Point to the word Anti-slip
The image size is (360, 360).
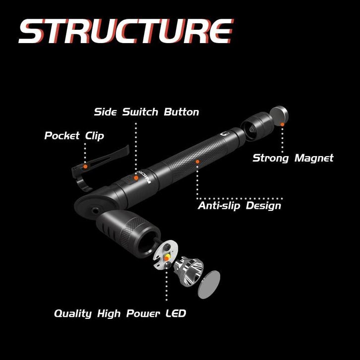pyautogui.click(x=216, y=205)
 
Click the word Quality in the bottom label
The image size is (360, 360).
pyautogui.click(x=72, y=313)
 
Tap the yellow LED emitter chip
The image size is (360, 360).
pyautogui.click(x=167, y=256)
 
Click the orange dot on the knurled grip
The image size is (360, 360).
pyautogui.click(x=198, y=161)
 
